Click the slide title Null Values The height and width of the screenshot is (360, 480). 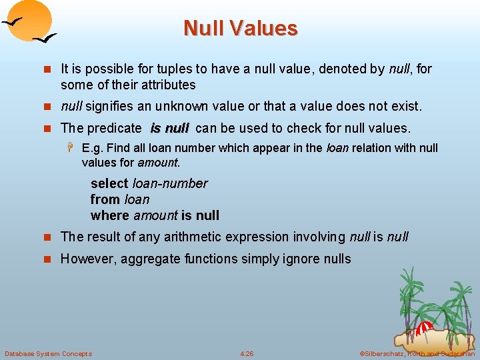click(x=240, y=28)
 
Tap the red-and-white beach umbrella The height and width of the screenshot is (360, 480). click(x=424, y=328)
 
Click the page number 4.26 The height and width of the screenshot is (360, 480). click(x=247, y=353)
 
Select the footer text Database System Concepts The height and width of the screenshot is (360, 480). click(x=48, y=353)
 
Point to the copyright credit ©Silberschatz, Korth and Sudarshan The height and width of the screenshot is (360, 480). click(x=417, y=353)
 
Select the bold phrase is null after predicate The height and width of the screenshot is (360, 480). click(x=170, y=127)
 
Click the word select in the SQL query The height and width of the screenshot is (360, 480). click(x=110, y=183)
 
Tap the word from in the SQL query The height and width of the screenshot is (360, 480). click(x=105, y=199)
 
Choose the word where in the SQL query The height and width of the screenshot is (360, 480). click(x=110, y=215)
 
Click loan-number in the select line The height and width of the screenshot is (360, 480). click(x=171, y=183)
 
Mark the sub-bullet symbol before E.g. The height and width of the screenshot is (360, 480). click(x=72, y=147)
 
